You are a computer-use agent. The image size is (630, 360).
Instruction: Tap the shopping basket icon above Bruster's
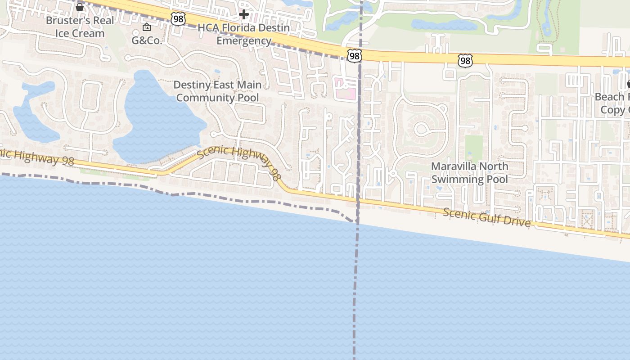(x=80, y=7)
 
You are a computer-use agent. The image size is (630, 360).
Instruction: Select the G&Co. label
(x=147, y=40)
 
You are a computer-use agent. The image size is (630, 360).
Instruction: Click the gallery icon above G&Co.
(x=146, y=27)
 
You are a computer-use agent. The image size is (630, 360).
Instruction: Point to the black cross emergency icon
(x=243, y=14)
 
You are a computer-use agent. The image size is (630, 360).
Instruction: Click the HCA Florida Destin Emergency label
(x=244, y=34)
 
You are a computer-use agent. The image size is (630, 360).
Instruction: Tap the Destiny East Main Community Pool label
(x=217, y=91)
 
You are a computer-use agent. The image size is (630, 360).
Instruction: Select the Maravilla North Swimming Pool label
(x=469, y=173)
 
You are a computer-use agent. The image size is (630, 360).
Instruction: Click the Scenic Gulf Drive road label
(x=487, y=217)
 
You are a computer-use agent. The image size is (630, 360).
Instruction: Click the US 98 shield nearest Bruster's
(x=178, y=19)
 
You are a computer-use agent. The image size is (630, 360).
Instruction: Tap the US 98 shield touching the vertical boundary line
(x=354, y=56)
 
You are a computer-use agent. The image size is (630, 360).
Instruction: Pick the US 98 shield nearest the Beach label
(x=465, y=61)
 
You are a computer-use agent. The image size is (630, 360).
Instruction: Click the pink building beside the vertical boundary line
(x=345, y=88)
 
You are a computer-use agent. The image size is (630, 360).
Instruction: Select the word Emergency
(x=244, y=40)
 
